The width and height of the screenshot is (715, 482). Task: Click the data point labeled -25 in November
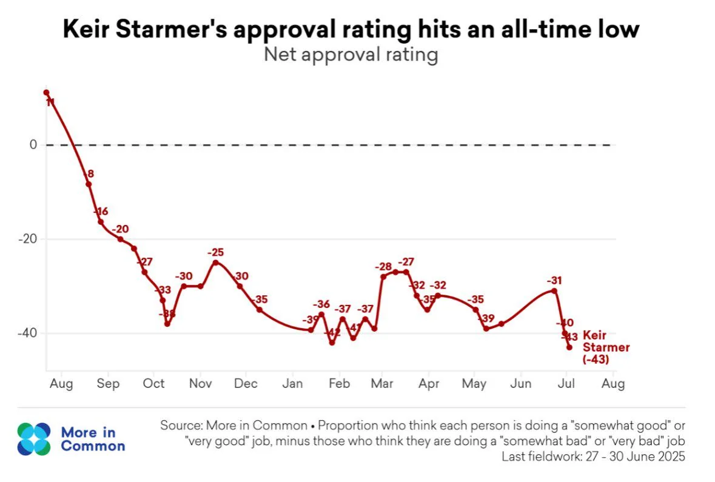(215, 262)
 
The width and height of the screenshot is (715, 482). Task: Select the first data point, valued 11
(46, 92)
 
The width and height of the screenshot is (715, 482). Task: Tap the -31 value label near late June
(554, 281)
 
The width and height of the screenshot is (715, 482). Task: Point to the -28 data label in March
(383, 266)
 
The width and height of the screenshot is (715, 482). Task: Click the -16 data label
(101, 212)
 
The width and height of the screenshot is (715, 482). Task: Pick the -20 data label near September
(120, 229)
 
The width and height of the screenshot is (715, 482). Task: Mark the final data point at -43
(569, 347)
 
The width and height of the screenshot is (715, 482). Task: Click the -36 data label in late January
(321, 304)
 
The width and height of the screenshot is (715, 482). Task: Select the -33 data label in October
(163, 289)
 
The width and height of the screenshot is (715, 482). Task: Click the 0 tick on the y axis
(33, 145)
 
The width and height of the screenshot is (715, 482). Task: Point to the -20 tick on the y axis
(27, 239)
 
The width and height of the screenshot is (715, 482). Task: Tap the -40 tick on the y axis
(27, 333)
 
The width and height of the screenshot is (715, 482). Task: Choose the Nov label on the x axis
(200, 384)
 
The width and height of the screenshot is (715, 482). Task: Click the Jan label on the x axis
(293, 384)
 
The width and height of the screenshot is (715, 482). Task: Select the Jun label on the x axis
(521, 384)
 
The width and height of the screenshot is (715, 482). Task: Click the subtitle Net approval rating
(351, 55)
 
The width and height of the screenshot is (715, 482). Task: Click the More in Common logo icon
(34, 439)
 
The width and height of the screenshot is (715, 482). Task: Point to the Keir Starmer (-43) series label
(605, 347)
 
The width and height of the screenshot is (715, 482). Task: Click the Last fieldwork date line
(592, 457)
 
